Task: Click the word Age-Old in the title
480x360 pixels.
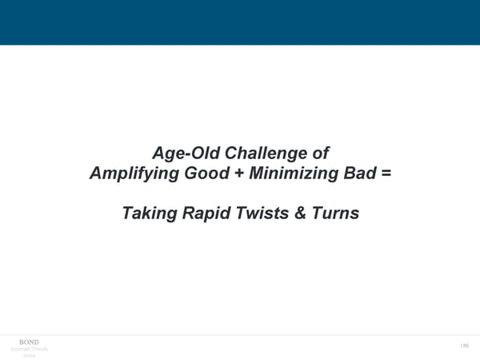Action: point(180,152)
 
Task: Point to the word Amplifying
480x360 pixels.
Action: point(134,172)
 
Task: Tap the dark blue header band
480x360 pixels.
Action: point(240,22)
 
